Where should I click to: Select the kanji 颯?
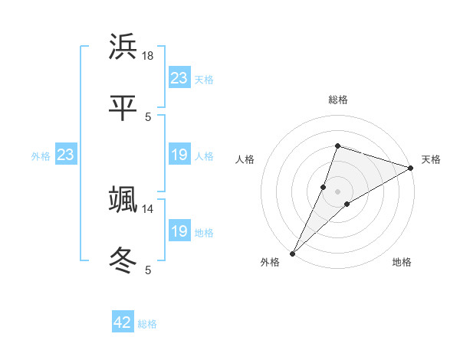[123, 200]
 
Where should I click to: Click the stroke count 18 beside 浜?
[149, 55]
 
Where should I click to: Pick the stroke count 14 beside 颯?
[149, 208]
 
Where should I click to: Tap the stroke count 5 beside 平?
[149, 116]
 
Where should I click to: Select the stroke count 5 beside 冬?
[149, 270]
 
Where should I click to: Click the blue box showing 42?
[123, 322]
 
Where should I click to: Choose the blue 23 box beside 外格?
[66, 155]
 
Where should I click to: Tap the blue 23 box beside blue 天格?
[179, 78]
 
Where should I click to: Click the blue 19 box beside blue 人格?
[179, 155]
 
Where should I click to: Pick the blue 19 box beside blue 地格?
[179, 231]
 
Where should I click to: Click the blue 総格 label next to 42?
[147, 324]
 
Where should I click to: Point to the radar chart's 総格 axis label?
[338, 100]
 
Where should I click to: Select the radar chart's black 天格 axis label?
[431, 159]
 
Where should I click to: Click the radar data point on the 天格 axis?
[411, 169]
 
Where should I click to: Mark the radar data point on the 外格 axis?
[293, 253]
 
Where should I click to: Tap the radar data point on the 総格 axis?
[337, 146]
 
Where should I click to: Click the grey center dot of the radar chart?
[337, 191]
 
